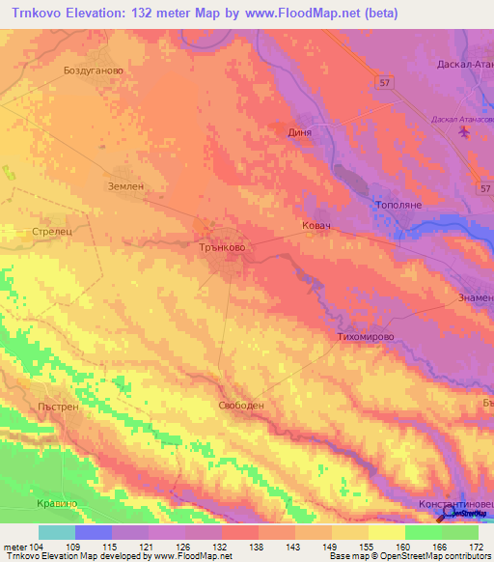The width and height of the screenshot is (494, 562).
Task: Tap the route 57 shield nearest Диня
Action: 383,84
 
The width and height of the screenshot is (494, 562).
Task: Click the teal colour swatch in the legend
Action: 57,532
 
